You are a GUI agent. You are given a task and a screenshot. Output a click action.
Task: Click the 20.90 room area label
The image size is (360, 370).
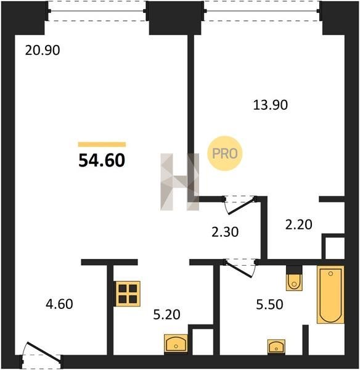(x=43, y=51)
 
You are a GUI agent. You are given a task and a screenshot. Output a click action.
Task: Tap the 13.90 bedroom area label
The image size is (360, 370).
(x=271, y=105)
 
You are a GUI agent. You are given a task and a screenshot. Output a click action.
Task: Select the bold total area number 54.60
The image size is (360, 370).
(x=102, y=160)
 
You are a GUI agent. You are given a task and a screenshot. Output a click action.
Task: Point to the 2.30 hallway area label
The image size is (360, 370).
(x=225, y=232)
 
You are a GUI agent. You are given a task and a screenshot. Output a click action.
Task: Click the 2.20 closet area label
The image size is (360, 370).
(x=298, y=224)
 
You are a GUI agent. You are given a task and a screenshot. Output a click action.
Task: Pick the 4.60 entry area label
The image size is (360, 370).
(x=59, y=304)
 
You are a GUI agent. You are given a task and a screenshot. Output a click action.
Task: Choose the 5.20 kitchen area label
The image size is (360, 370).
(x=167, y=314)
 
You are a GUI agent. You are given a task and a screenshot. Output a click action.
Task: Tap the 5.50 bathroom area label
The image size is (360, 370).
(x=269, y=305)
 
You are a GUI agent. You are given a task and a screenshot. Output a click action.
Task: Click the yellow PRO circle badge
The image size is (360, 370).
(x=225, y=154)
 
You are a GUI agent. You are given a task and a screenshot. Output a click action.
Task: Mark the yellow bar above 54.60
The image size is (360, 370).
(x=102, y=144)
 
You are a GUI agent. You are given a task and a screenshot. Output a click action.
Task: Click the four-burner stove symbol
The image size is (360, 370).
(x=128, y=294)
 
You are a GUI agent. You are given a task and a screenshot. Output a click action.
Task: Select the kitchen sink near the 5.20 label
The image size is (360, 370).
(x=176, y=343)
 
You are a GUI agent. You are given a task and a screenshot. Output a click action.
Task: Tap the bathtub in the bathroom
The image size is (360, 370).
(x=330, y=295)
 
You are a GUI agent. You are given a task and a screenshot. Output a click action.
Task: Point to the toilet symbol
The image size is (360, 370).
(x=294, y=282)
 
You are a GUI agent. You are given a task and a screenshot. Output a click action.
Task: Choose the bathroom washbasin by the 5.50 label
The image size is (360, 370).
(x=276, y=347)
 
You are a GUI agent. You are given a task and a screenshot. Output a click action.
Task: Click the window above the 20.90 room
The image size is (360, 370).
(x=97, y=11)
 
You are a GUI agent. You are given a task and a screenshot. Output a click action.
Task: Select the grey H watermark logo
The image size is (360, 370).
(x=180, y=182)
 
